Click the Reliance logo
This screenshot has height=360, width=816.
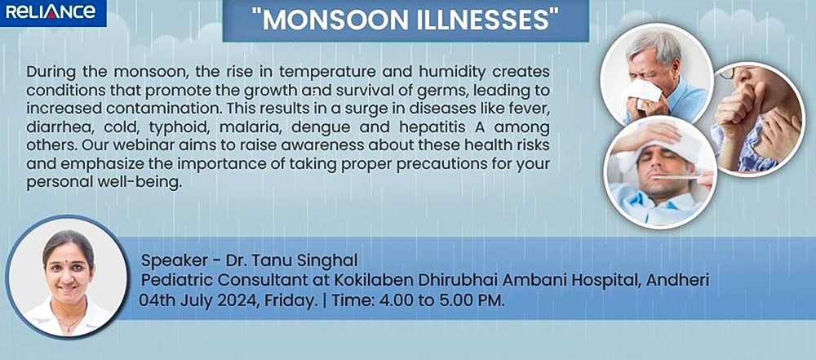[52, 12]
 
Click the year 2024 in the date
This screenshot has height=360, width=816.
[222, 300]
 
